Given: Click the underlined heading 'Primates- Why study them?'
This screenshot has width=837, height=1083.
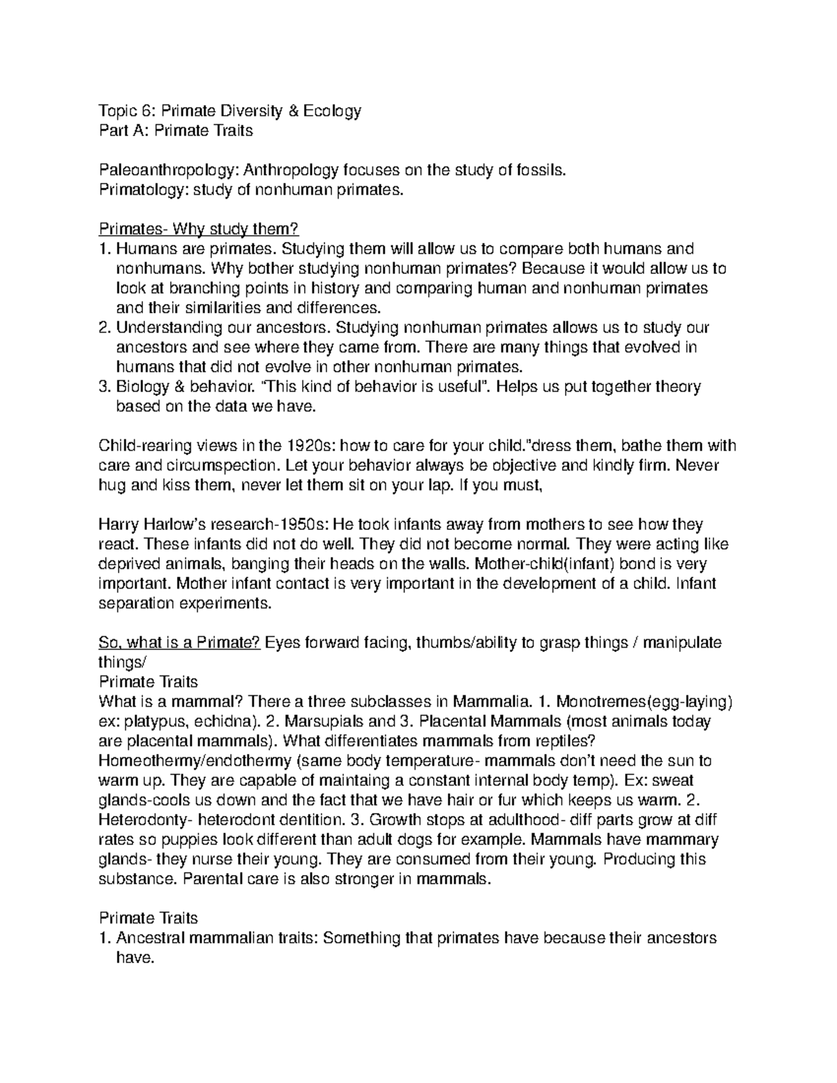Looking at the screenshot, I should click(x=199, y=229).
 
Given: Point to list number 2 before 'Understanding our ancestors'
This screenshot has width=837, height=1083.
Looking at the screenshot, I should click(x=105, y=327).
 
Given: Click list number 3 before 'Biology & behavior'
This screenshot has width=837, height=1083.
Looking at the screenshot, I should click(x=105, y=386).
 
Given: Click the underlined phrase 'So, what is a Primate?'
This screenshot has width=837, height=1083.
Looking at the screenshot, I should click(x=180, y=642).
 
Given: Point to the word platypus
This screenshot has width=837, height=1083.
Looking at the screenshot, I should click(x=154, y=721).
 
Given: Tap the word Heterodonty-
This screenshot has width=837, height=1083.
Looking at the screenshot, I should click(x=142, y=819).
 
